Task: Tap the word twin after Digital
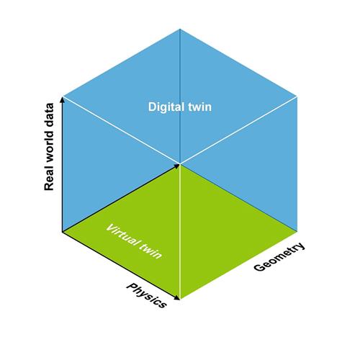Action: pos(200,107)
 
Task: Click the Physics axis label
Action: pos(146,295)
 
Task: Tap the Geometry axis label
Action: pos(279,257)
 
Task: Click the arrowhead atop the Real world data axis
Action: pos(63,99)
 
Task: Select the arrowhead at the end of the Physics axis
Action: pos(177,298)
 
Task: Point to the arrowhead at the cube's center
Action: pos(177,166)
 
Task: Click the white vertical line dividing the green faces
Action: pos(180,232)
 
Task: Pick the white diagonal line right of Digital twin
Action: pos(238,130)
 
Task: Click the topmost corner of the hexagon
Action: pos(180,29)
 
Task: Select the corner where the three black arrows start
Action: pos(63,232)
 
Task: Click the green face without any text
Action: pos(238,232)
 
